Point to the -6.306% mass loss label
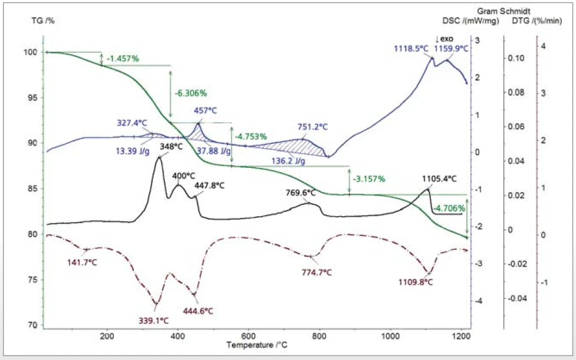[x=191, y=93]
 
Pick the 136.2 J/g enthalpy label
[x=288, y=160]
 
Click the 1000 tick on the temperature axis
[x=390, y=336]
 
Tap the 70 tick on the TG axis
[x=35, y=325]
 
